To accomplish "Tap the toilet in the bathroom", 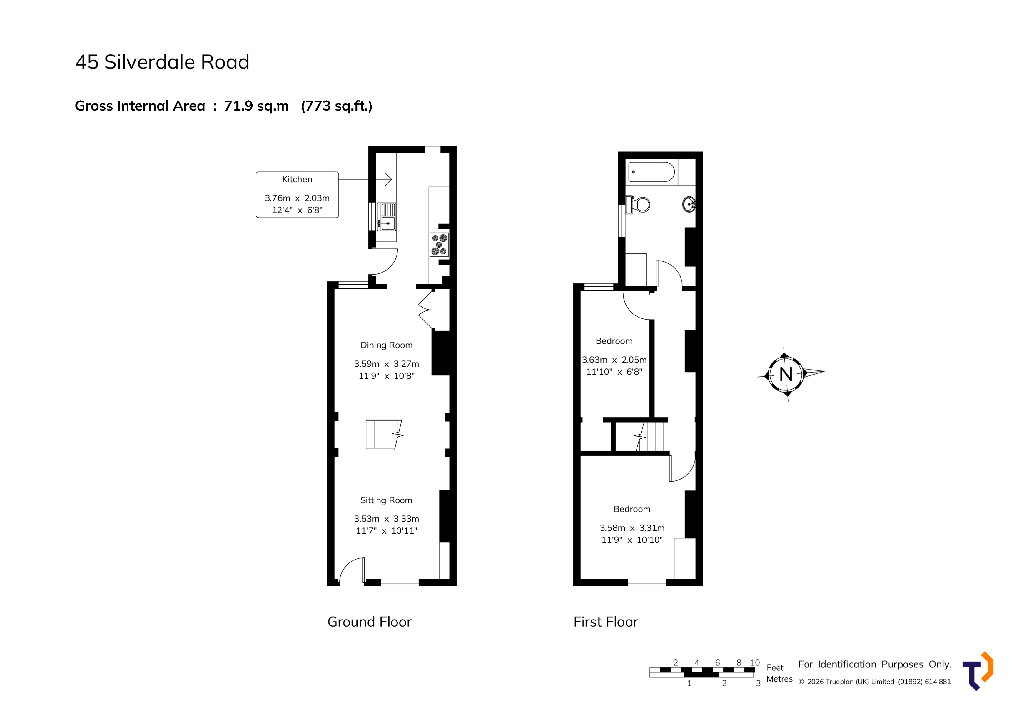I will point(639,205).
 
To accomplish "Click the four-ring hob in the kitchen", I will point(439,245).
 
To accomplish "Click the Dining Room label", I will point(386,345).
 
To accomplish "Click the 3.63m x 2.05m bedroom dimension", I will point(614,360).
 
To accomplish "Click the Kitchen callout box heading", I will point(297,179).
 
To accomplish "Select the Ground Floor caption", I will point(369,622).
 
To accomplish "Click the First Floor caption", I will point(605,622).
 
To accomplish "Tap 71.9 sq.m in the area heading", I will point(256,106).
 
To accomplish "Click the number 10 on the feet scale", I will point(755,662).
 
